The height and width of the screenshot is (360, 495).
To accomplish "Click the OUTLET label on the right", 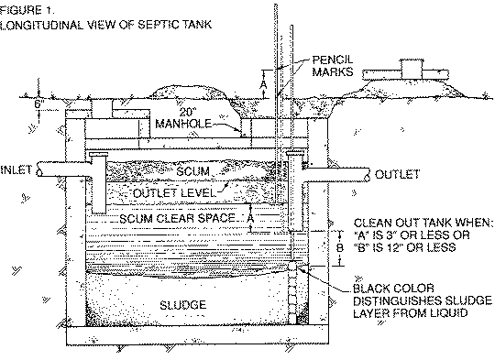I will pyautogui.click(x=396, y=174).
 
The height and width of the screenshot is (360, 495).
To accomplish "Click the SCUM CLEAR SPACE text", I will pyautogui.click(x=176, y=219).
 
